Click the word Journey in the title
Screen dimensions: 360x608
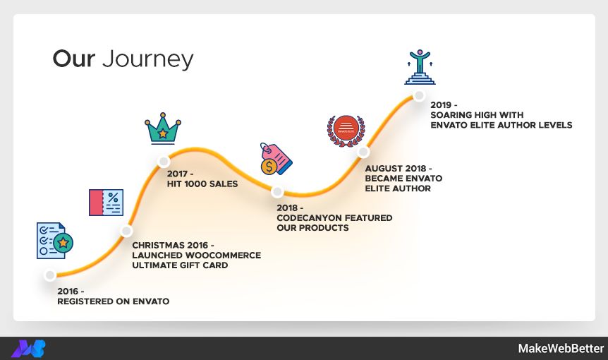click(x=147, y=59)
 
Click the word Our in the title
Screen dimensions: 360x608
click(x=73, y=59)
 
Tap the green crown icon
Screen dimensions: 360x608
click(x=163, y=128)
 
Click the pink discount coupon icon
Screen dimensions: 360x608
click(x=106, y=203)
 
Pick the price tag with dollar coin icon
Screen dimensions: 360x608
click(x=275, y=159)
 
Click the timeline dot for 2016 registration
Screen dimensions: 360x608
click(x=49, y=275)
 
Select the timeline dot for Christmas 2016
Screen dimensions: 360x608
click(x=126, y=230)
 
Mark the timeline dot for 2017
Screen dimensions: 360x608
click(x=163, y=161)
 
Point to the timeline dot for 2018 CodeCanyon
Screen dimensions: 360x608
click(x=277, y=192)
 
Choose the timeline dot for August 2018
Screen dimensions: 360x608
click(x=363, y=151)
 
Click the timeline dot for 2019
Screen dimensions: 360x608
click(x=419, y=95)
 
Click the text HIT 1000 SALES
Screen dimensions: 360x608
click(x=202, y=184)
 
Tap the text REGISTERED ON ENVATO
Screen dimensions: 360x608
click(x=113, y=301)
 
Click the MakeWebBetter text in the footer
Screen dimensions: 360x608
click(x=561, y=349)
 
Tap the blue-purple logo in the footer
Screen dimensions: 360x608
click(x=29, y=349)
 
